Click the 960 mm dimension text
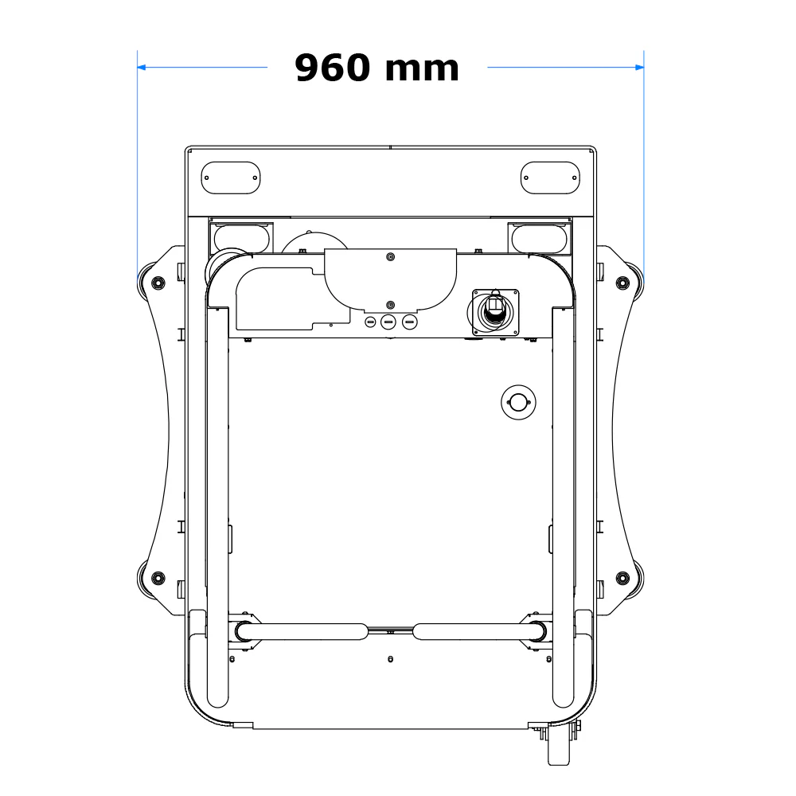[377, 68]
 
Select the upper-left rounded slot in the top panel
[231, 178]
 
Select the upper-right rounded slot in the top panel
[550, 178]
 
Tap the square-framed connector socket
[495, 311]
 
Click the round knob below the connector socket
[517, 403]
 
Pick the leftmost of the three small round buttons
[370, 322]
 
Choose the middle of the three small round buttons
[388, 322]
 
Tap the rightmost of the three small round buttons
[410, 322]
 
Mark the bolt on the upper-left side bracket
[158, 283]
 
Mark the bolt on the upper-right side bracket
[622, 283]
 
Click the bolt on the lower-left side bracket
[158, 577]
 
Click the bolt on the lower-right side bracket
[622, 577]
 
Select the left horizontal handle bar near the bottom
[302, 631]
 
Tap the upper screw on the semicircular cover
[389, 257]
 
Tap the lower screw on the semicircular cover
[389, 305]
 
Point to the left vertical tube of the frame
[217, 509]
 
